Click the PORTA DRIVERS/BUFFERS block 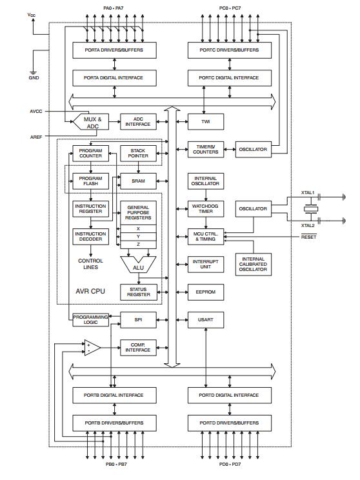point(114,50)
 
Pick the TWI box point(205,121)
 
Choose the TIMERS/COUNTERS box point(205,149)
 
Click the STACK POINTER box point(138,153)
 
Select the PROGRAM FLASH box point(90,181)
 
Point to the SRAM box point(138,181)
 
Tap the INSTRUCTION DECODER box point(90,237)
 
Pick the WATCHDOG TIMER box point(205,208)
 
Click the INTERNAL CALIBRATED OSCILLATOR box point(252,264)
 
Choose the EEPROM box point(205,292)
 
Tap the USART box point(205,319)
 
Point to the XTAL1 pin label point(308,192)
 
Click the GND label point(34,78)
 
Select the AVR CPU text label point(90,291)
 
